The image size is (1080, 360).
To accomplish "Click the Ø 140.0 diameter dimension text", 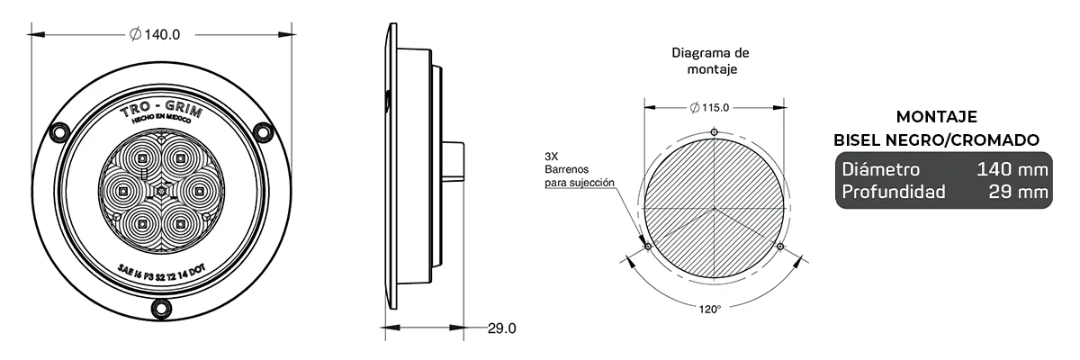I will tap(156, 35).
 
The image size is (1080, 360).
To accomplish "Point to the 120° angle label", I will tap(709, 309).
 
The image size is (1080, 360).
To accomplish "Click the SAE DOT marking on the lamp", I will tap(160, 268).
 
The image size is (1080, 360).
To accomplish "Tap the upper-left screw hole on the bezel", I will tap(60, 131).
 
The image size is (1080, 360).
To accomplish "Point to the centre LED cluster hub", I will tap(160, 191).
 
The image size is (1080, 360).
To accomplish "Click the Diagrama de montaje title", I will tap(711, 60).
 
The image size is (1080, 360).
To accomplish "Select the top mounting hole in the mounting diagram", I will tap(714, 132).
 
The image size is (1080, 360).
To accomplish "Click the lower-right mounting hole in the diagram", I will tap(780, 246).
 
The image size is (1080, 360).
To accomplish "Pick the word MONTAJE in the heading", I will tap(937, 117).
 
